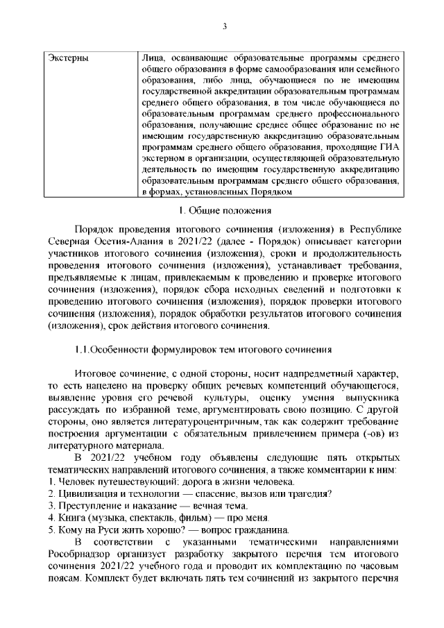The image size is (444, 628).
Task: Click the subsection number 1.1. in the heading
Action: point(85,348)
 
